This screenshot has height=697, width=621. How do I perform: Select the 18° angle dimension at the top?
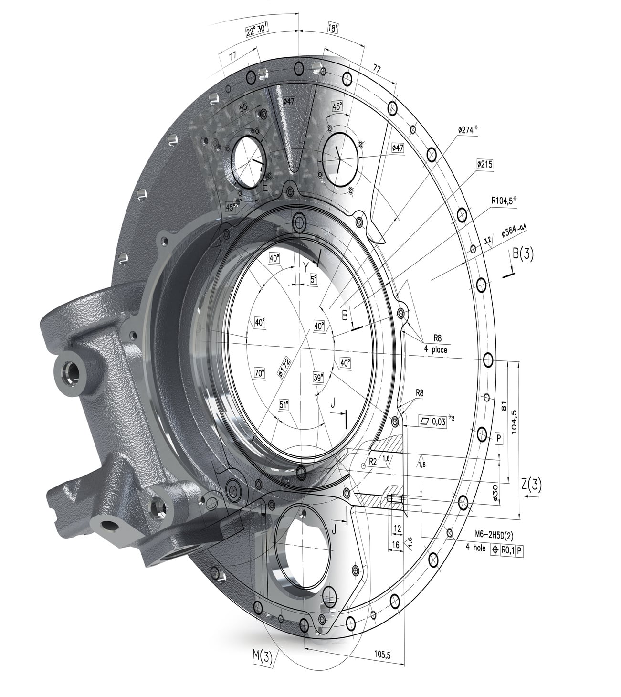tap(333, 28)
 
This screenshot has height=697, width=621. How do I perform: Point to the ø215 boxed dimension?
tap(484, 164)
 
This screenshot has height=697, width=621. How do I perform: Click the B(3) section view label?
tap(523, 254)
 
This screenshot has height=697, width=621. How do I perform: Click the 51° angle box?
tap(284, 405)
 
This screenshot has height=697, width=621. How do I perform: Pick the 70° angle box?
tap(259, 373)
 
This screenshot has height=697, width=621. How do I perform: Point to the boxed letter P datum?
tap(499, 438)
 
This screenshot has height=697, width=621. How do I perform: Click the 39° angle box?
tap(318, 377)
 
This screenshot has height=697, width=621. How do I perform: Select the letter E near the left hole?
tap(265, 187)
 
